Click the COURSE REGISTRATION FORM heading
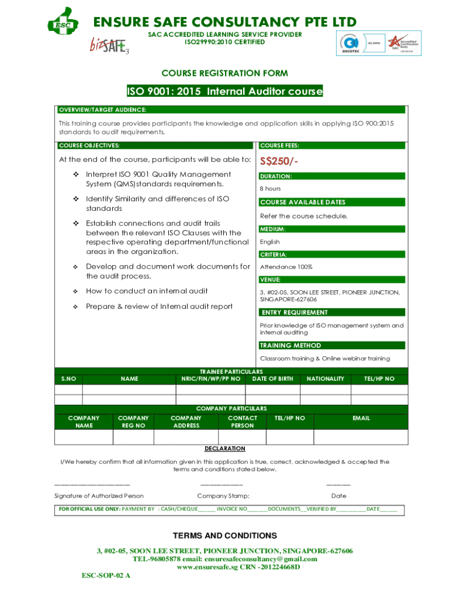pos(224,73)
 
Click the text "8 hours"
pos(270,189)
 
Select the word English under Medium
pos(269,242)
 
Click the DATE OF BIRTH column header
pos(272,379)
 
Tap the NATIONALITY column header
pos(325,379)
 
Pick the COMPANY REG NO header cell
pos(133,422)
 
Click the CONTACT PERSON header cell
pos(242,422)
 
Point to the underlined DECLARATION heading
pos(224,448)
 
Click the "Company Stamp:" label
pos(223,496)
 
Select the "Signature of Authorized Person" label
pos(99,496)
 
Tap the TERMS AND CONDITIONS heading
pos(224,536)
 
